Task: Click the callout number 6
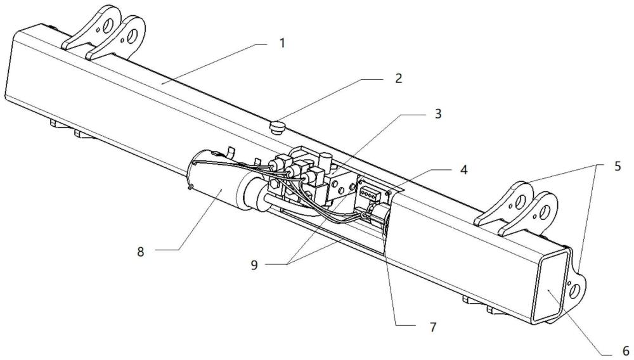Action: [623, 349]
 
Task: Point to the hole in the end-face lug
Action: [575, 289]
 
